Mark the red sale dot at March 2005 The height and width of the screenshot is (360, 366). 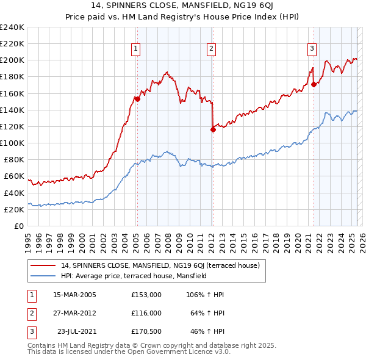click(138, 99)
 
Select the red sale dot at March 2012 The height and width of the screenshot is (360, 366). click(213, 129)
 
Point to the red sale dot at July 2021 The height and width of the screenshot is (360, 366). click(314, 84)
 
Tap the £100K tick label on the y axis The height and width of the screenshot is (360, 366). click(12, 143)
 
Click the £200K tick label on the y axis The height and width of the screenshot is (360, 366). click(12, 60)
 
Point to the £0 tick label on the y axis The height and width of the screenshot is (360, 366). click(18, 226)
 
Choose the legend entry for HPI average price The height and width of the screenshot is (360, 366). click(134, 276)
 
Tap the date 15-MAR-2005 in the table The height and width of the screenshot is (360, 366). click(74, 295)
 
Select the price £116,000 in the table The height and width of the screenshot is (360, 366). click(146, 313)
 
